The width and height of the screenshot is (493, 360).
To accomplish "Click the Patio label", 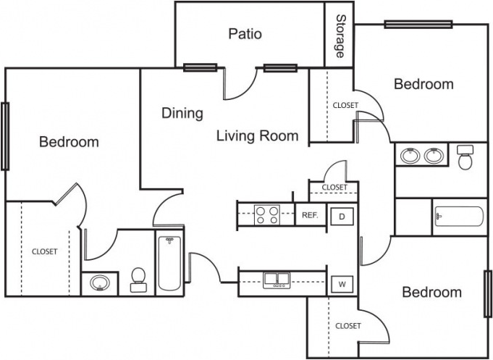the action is (245, 33).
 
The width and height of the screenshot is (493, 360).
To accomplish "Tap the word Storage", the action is (340, 36).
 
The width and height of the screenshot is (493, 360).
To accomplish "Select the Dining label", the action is (182, 113).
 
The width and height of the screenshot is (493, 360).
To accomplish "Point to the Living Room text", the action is (258, 135).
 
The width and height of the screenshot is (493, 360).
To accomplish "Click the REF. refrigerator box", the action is (311, 215).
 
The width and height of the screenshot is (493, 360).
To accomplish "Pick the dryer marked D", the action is (342, 216).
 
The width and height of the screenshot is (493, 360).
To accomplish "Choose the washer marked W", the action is (342, 284).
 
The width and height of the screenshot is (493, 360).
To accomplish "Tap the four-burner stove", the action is (267, 215).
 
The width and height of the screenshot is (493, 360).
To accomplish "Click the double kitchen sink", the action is (277, 280).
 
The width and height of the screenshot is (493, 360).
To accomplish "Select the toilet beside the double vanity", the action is (465, 157).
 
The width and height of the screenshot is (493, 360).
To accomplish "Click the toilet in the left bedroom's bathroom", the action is (138, 280).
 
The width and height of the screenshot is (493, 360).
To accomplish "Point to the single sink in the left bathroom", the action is (100, 283).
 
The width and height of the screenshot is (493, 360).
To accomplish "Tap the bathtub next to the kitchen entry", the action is (170, 264).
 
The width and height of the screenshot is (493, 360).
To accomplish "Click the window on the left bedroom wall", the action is (5, 136).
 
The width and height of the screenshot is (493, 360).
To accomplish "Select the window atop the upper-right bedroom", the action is (418, 24).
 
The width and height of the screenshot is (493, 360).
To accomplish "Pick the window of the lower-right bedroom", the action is (488, 293).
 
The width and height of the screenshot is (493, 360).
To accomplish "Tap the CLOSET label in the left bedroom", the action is (45, 251).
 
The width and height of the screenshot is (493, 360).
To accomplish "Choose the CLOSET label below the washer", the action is (348, 326).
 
